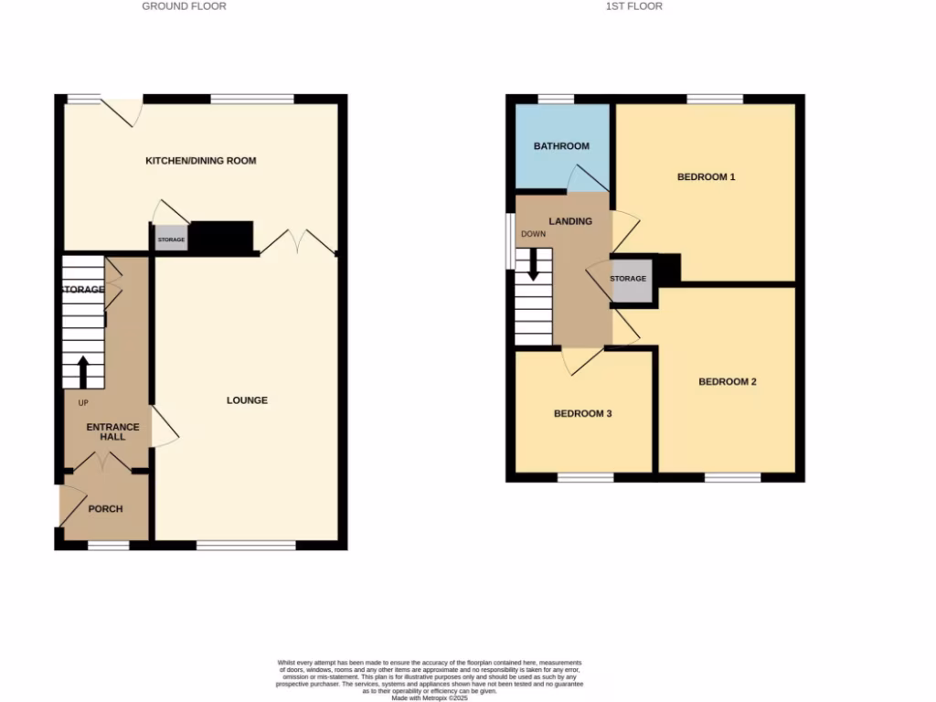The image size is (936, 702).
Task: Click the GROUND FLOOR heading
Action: (184, 6)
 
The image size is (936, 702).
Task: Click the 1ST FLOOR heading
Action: (633, 6)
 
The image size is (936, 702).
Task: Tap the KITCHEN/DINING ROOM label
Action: (201, 161)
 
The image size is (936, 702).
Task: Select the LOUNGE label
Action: (247, 400)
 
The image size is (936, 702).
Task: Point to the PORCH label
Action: (105, 509)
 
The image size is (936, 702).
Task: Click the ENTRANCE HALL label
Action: (112, 431)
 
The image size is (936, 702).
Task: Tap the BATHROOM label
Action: (561, 146)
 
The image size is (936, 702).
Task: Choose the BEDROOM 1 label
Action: (706, 177)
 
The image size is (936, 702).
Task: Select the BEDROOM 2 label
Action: (728, 382)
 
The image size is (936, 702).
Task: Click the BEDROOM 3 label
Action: (582, 414)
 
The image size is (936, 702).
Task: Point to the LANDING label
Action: (569, 221)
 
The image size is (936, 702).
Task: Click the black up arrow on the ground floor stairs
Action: (82, 372)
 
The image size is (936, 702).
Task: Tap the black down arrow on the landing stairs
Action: (533, 264)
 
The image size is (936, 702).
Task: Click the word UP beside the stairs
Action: (83, 403)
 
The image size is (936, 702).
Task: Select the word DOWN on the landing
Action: (533, 234)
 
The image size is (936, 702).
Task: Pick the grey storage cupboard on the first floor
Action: (629, 279)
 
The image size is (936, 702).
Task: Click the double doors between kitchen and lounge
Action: (296, 242)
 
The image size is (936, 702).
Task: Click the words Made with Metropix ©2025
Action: (429, 698)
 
